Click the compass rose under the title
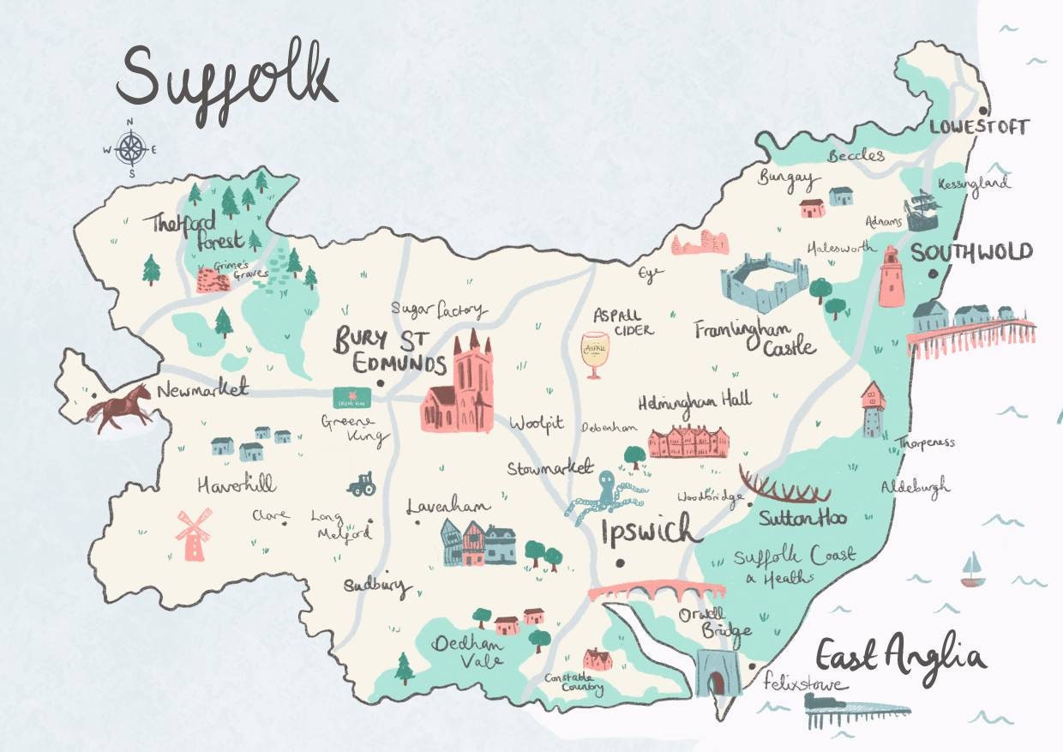(130, 149)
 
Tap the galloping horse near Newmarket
(120, 408)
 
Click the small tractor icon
(359, 484)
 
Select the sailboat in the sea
(970, 570)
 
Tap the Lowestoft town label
(979, 128)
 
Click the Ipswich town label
(651, 532)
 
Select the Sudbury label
(377, 587)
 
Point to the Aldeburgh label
(916, 487)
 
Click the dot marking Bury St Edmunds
(379, 385)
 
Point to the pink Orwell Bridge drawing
(657, 592)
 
